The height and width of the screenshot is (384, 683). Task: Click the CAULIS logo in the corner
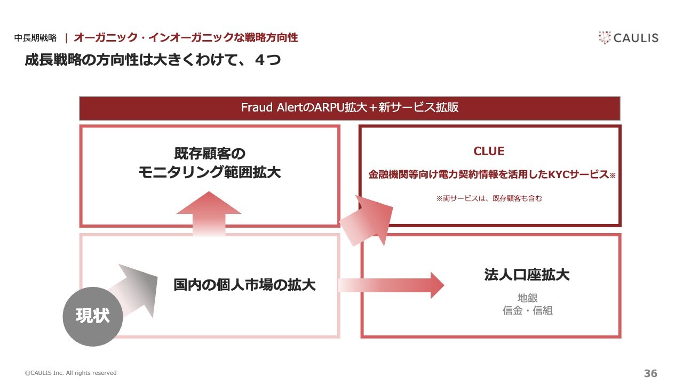[629, 38]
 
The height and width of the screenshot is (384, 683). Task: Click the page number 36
[650, 373]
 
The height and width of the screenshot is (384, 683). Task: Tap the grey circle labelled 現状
[93, 317]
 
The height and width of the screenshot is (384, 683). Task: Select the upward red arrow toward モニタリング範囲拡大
[209, 213]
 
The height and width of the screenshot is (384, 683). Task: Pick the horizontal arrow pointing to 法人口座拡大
[391, 285]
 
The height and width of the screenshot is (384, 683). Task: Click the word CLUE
[489, 151]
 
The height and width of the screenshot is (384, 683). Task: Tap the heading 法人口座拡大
[527, 275]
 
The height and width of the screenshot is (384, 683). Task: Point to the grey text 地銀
[528, 298]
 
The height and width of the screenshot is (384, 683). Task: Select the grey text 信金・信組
[528, 310]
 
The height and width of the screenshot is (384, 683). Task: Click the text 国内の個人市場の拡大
[244, 285]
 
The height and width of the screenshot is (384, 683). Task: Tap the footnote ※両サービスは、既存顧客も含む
[489, 198]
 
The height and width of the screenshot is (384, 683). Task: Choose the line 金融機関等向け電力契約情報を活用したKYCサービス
[489, 174]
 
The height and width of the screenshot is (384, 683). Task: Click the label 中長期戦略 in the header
[35, 38]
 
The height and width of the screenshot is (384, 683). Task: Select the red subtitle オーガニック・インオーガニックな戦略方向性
[186, 38]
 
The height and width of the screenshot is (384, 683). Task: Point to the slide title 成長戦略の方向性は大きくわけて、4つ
[153, 60]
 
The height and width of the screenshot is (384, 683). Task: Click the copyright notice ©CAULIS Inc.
[71, 373]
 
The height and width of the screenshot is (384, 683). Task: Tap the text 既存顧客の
[210, 154]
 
